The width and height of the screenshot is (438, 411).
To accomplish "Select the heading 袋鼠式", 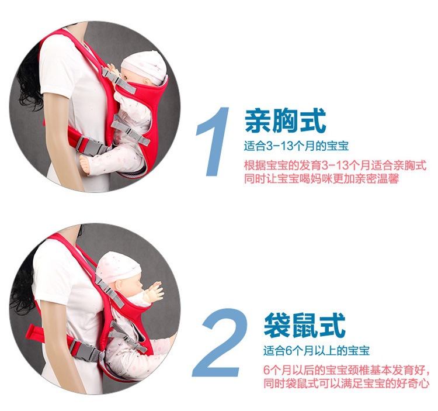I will (304, 325).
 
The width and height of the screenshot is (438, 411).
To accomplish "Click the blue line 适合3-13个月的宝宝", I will (296, 146).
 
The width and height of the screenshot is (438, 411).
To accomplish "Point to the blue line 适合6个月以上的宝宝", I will (316, 351).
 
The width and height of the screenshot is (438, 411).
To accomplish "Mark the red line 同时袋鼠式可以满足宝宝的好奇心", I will (346, 384).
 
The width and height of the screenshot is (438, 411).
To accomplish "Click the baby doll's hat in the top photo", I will (147, 62).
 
